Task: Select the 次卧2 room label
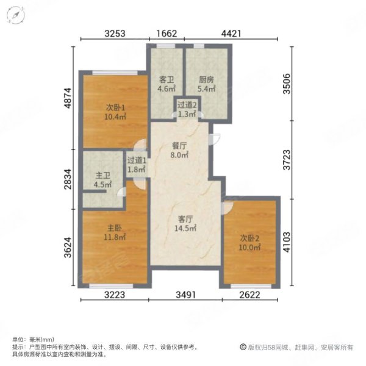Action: point(249,238)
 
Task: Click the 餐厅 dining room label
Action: point(179,146)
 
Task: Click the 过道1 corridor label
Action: point(137,161)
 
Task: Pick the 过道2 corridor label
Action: point(187,104)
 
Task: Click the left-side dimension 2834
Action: point(69,181)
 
